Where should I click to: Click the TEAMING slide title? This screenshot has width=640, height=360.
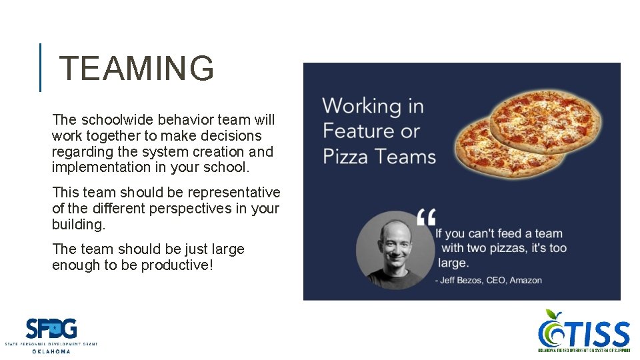point(137,68)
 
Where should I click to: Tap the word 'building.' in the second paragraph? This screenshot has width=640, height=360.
point(79,225)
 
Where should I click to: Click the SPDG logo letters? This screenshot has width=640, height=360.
point(51,329)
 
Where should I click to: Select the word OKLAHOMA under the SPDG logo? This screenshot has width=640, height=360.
point(51,351)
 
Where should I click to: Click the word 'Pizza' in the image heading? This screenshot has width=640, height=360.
point(346,157)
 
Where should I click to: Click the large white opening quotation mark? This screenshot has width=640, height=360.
point(426,217)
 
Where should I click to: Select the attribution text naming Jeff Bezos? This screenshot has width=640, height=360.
point(489,280)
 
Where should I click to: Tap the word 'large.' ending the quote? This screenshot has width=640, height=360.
point(453,263)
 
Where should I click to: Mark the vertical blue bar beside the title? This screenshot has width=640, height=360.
point(41,67)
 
